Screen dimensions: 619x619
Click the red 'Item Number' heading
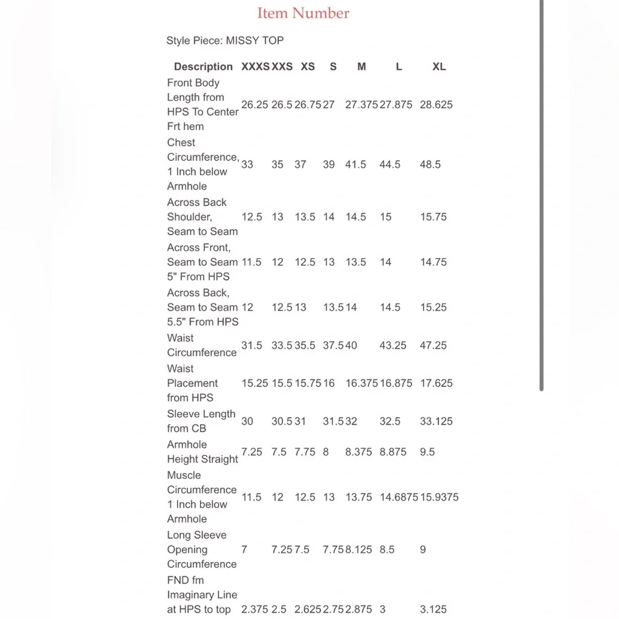pos(303,13)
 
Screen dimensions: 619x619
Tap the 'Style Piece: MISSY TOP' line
pos(225,41)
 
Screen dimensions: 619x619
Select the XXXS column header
pos(255,66)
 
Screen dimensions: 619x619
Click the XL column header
pos(439,66)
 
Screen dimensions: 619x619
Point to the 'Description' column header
pos(203,66)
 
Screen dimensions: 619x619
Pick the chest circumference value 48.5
pos(430,165)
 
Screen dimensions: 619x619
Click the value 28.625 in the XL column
pos(436,105)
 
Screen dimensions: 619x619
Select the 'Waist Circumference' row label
pos(202,345)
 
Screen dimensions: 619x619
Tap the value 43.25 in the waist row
pos(392,345)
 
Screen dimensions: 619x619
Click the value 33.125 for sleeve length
pos(436,422)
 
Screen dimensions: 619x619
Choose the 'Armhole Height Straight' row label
pos(202,452)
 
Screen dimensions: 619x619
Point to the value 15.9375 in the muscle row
pos(439,497)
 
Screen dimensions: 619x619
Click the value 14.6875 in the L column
pos(399,497)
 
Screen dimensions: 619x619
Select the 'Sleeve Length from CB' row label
pos(201,421)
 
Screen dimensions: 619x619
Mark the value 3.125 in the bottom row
pos(433,609)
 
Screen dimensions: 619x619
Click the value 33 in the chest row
pos(247,165)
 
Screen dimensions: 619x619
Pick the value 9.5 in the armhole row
pos(427,452)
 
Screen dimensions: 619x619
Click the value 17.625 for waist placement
pos(436,383)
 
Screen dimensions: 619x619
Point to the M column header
pos(361,66)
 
